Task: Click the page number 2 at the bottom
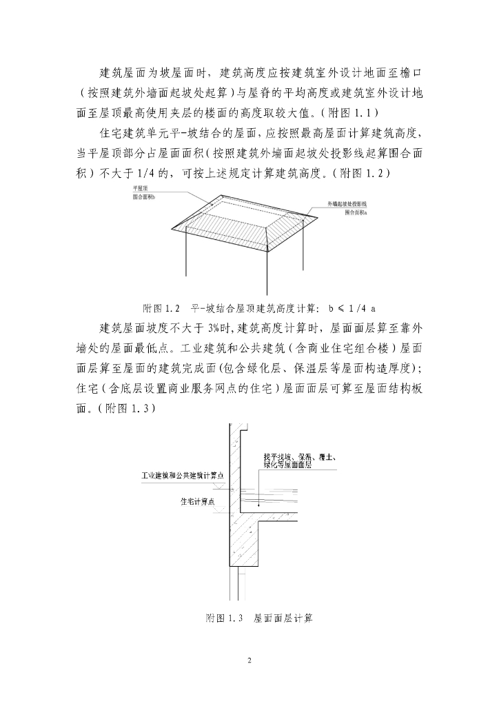(x=250, y=661)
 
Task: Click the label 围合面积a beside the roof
(x=356, y=212)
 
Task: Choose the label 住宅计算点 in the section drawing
(x=194, y=501)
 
